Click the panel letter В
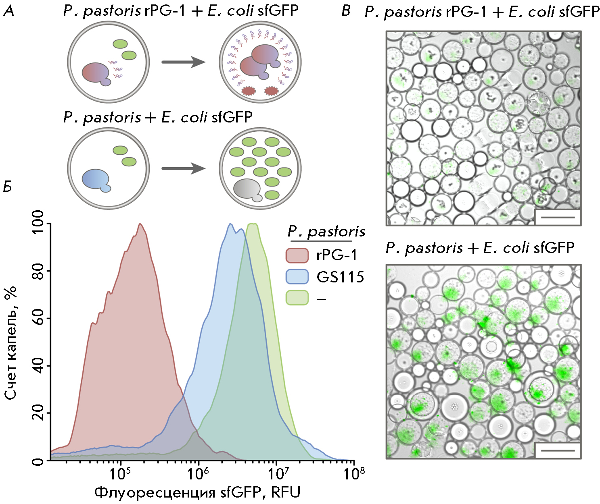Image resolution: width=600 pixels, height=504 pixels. pos(345,11)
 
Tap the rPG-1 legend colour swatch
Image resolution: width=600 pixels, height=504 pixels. pos(297,255)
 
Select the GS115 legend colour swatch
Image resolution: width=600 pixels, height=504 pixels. pos(297,277)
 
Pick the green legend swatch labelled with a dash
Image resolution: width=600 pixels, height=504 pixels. pos(297,298)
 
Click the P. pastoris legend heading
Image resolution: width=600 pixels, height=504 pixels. pos(326,232)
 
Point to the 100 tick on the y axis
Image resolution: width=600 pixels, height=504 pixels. pos(38,224)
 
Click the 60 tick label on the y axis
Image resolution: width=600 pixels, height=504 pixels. pos(38,318)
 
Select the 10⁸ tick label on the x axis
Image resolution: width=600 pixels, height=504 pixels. pos(353,474)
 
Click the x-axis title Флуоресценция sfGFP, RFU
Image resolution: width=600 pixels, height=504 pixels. pos(197,492)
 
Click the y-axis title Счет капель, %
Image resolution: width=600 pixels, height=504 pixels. pos(11,342)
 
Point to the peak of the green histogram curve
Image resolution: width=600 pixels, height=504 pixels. pos(253,224)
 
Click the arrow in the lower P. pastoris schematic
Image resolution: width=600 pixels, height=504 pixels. pos(184,168)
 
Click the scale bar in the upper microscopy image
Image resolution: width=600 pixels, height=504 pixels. pos(557,217)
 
